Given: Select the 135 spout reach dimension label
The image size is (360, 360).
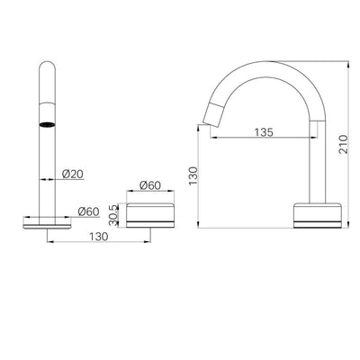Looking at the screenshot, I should [263, 131].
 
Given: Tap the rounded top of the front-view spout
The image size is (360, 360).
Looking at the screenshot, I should [45, 67].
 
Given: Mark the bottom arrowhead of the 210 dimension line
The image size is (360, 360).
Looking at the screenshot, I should [347, 227].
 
